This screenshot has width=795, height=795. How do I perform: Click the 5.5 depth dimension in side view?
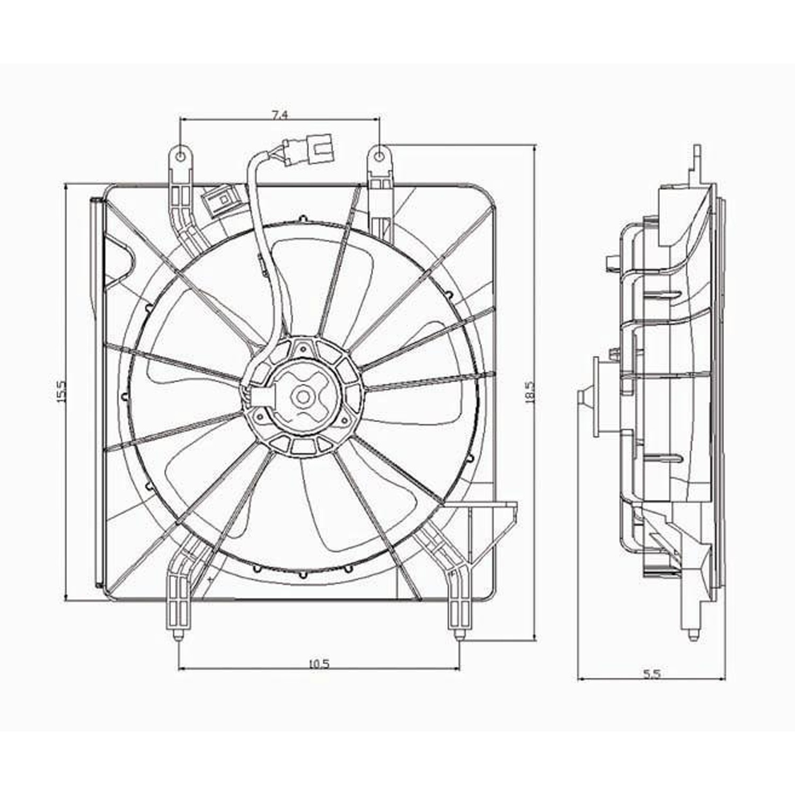pyautogui.click(x=651, y=674)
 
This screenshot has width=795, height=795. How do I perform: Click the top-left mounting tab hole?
pyautogui.click(x=181, y=156)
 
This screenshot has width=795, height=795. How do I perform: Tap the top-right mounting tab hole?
pyautogui.click(x=379, y=156)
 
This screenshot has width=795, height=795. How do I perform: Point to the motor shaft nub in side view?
pyautogui.click(x=583, y=396)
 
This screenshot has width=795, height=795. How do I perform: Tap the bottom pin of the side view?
pyautogui.click(x=692, y=635)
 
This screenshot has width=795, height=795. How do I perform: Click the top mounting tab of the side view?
pyautogui.click(x=696, y=159)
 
